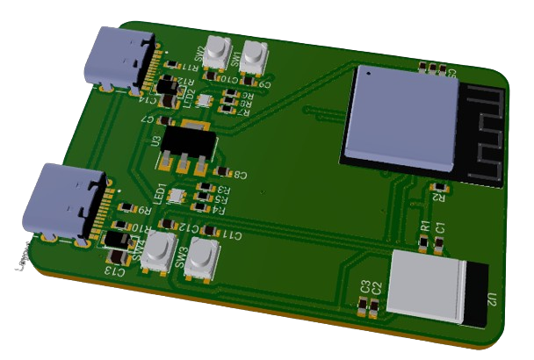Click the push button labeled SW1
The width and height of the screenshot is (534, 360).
click(255, 54)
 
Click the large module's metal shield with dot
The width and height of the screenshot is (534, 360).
click(401, 115)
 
